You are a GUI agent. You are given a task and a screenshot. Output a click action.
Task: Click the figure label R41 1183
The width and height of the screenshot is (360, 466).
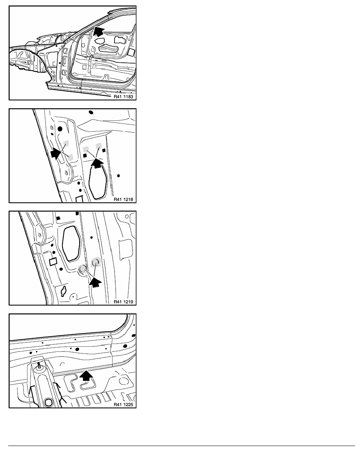click(x=124, y=96)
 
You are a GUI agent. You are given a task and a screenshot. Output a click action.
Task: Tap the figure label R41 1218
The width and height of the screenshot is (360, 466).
click(x=124, y=199)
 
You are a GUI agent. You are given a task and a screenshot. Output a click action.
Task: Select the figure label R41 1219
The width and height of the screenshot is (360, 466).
click(x=124, y=302)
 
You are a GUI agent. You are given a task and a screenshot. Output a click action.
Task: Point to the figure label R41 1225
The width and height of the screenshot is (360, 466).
click(x=124, y=404)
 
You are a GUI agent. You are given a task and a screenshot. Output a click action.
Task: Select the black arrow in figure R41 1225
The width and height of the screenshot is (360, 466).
click(x=86, y=375)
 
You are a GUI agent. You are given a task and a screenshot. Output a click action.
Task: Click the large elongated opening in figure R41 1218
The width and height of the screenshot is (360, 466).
click(x=98, y=181)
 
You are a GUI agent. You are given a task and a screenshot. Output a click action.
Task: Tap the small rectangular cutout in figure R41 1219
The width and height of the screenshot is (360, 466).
click(x=53, y=262)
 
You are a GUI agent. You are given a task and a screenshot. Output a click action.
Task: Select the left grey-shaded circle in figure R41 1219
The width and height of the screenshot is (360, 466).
click(x=82, y=269)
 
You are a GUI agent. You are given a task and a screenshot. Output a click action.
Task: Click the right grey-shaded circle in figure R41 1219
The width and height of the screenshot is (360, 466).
click(x=96, y=262)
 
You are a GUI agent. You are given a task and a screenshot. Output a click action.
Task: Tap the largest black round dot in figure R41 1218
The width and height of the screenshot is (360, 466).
click(x=60, y=129)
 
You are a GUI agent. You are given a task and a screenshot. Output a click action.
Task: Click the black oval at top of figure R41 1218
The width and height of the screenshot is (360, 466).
click(x=91, y=112)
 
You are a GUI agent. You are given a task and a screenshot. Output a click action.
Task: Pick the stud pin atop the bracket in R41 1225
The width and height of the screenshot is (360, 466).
click(x=39, y=365)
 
